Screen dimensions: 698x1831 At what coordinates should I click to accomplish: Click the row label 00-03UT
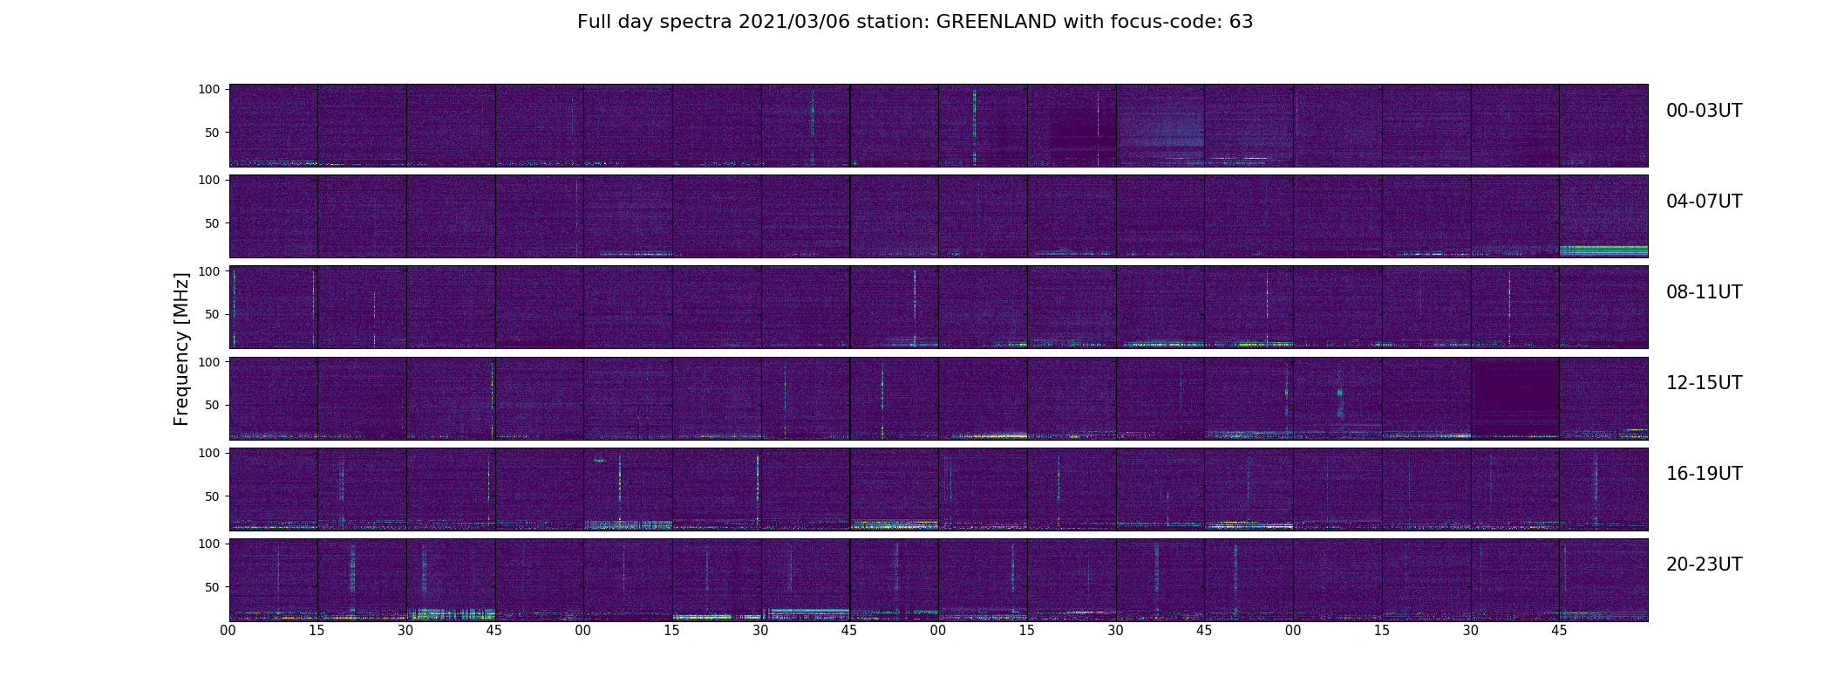click(1704, 111)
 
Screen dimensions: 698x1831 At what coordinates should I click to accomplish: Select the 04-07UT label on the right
click(1704, 202)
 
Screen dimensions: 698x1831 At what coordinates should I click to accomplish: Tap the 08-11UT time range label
click(1704, 292)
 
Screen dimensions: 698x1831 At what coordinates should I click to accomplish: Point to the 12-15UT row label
click(1704, 383)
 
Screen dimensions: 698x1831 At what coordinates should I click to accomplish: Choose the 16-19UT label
click(1704, 474)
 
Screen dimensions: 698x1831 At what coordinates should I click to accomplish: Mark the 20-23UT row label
click(1704, 565)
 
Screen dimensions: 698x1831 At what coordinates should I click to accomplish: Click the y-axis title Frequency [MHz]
click(181, 349)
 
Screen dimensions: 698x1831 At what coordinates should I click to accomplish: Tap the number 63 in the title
click(1241, 22)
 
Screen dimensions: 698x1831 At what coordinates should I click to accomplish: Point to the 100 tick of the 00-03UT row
click(209, 89)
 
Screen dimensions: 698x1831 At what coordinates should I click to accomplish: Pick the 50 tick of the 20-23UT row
click(213, 587)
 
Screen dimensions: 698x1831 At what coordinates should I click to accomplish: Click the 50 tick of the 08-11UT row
click(213, 314)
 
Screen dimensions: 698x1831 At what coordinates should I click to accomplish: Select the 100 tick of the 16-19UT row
click(209, 453)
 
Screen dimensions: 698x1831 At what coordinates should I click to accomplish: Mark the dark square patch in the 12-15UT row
click(1514, 397)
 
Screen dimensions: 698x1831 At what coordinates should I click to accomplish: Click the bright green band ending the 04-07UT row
click(1603, 250)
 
